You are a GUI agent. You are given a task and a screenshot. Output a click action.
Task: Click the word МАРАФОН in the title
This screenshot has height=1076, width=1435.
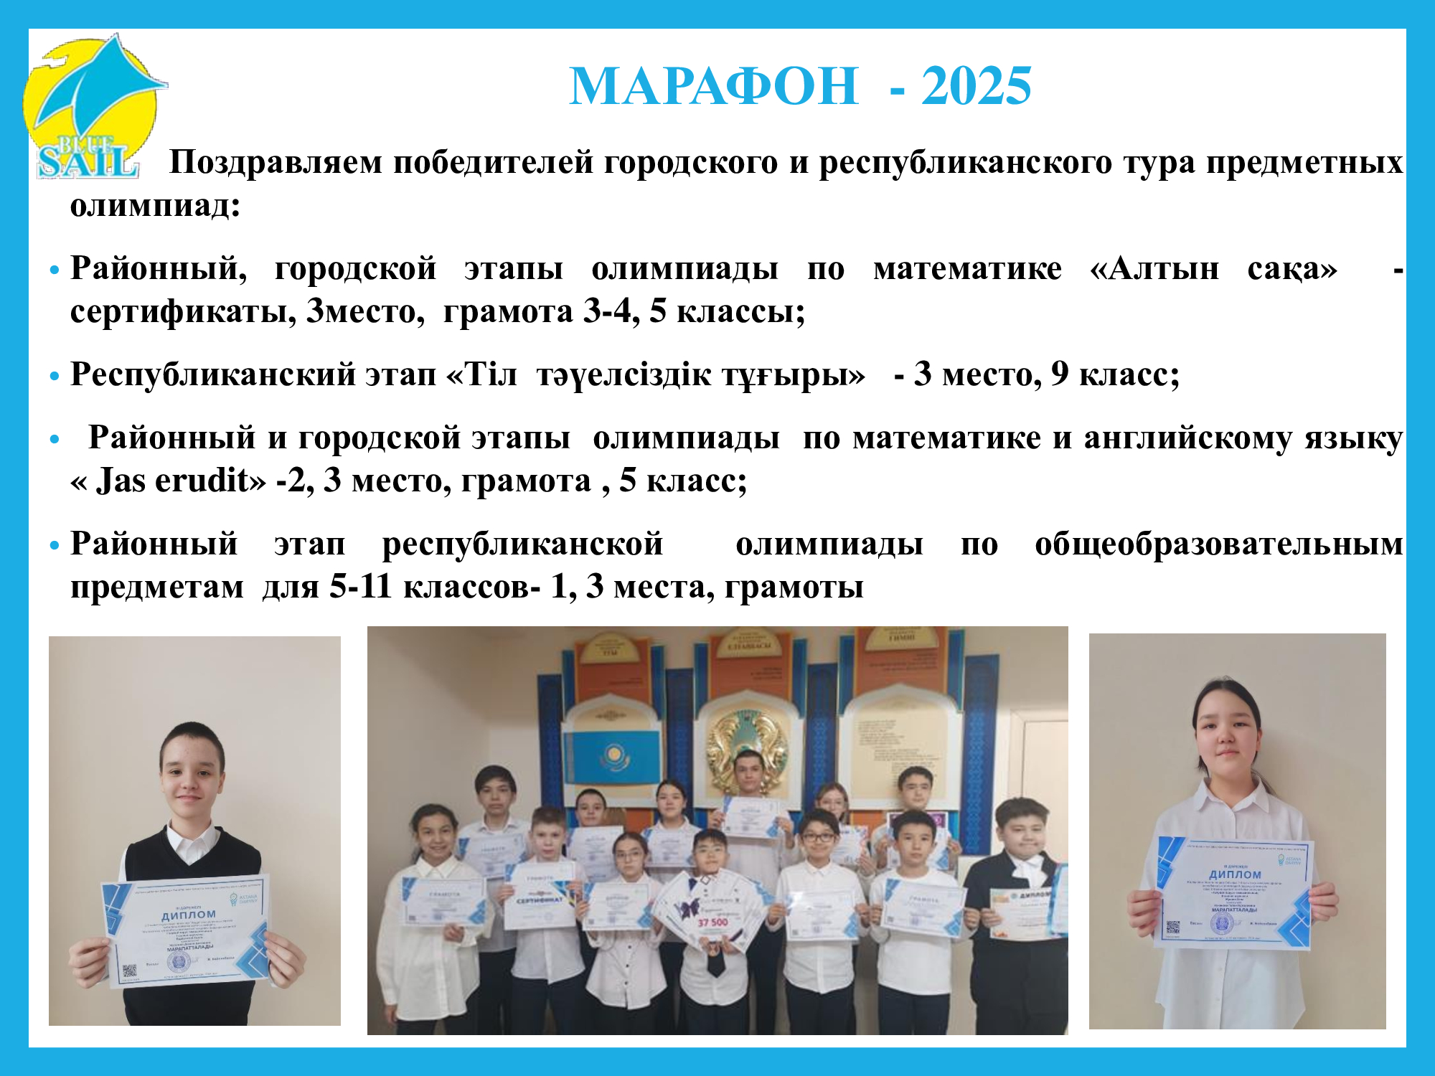(x=713, y=87)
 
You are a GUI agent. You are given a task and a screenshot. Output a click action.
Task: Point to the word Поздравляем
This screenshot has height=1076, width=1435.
(x=276, y=163)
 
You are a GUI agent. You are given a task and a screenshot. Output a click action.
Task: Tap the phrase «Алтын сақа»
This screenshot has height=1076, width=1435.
(x=1213, y=269)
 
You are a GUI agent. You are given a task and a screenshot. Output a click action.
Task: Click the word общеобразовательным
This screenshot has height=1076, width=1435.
(x=1218, y=544)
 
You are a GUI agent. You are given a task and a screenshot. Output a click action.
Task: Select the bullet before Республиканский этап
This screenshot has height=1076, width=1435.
(x=55, y=376)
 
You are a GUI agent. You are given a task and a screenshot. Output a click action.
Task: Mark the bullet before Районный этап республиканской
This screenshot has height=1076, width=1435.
(x=55, y=546)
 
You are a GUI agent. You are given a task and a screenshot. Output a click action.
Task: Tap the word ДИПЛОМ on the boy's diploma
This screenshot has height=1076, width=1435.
(x=188, y=915)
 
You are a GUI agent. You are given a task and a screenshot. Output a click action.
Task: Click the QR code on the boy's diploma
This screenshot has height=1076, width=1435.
(x=129, y=971)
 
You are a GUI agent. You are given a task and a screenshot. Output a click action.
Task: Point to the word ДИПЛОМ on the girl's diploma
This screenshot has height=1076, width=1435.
(x=1235, y=874)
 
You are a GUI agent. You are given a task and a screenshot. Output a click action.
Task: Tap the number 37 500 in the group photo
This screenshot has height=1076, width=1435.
(x=712, y=922)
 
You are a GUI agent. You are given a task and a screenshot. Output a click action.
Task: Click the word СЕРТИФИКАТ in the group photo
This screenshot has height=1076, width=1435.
(x=540, y=900)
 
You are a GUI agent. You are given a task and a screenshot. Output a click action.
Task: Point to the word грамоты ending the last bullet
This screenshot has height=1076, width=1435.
(x=794, y=587)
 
